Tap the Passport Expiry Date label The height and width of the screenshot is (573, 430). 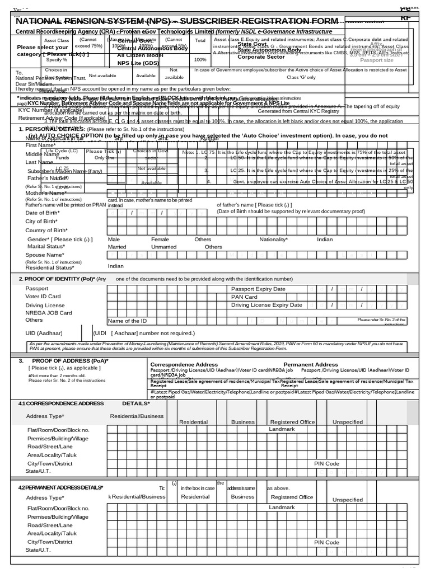[x=258, y=289]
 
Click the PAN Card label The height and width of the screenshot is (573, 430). [x=244, y=297]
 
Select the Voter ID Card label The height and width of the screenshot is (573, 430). [x=43, y=297]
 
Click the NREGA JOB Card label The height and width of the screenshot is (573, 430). [x=49, y=313]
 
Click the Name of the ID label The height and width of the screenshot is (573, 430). [x=128, y=321]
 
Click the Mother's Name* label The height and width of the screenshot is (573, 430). [x=45, y=193]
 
